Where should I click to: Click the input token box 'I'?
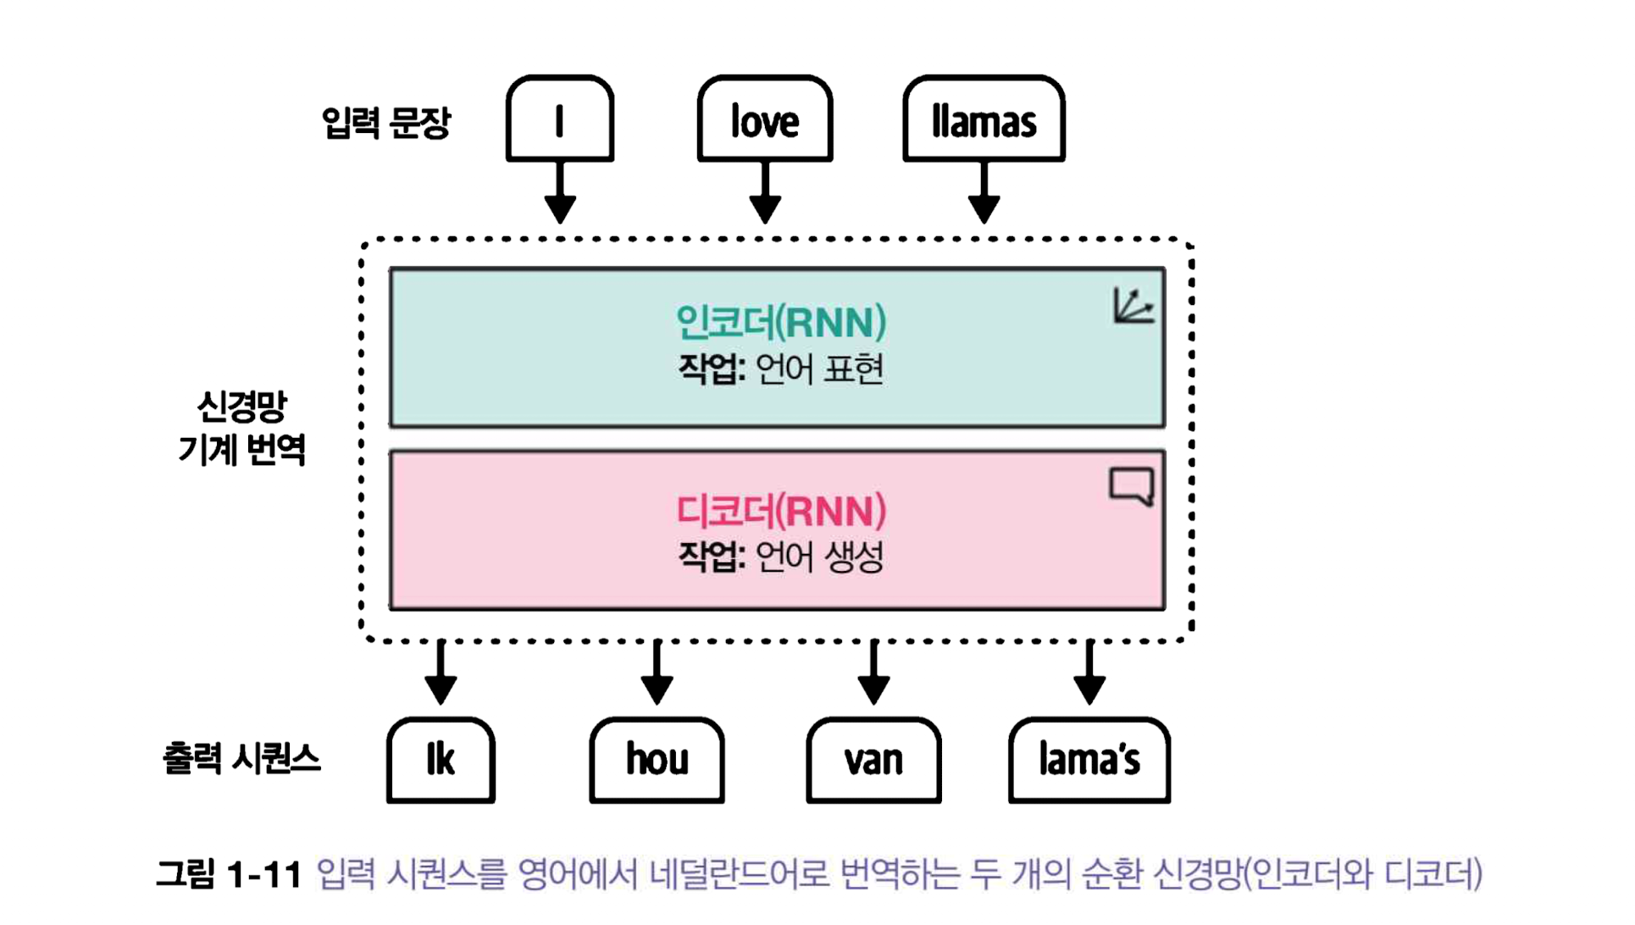[x=559, y=119]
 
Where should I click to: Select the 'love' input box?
[x=764, y=119]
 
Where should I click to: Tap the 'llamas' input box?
[x=984, y=119]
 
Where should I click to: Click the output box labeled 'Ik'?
[x=441, y=760]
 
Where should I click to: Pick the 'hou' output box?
[x=657, y=760]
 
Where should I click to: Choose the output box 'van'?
[x=873, y=760]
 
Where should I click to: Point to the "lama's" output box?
[x=1089, y=760]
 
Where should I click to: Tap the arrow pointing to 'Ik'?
[x=441, y=673]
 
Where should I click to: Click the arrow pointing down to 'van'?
[x=873, y=673]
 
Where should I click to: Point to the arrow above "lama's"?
[x=1089, y=673]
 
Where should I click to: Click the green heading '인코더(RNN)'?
[x=780, y=323]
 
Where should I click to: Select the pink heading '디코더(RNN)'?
[x=780, y=511]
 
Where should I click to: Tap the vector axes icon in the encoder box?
[x=1133, y=306]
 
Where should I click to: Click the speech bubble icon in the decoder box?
[x=1132, y=486]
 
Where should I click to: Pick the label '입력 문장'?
[x=386, y=123]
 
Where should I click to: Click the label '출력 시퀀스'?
[x=241, y=758]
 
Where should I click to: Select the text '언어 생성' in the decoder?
[x=819, y=557]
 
